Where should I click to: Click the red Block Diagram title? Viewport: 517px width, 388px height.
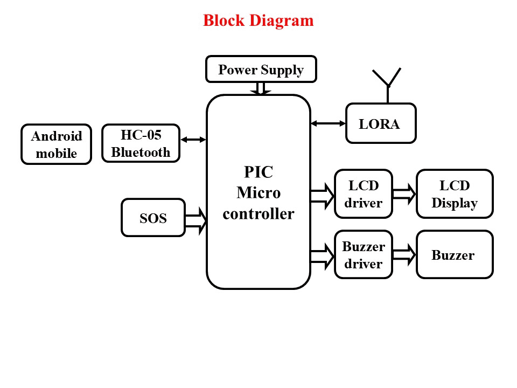(x=258, y=21)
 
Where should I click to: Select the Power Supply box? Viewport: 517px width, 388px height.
(x=261, y=70)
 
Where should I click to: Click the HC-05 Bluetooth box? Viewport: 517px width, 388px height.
(x=141, y=143)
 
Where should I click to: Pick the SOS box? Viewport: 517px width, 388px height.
(x=153, y=218)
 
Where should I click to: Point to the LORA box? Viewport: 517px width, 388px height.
(x=380, y=123)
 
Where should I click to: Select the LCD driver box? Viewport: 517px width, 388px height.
(x=363, y=194)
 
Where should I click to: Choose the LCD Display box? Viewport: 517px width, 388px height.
(x=455, y=194)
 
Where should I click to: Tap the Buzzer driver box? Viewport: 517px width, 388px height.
(x=363, y=255)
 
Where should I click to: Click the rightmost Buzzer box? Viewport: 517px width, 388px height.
(x=455, y=255)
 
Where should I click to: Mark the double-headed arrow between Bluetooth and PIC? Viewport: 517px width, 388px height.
(x=193, y=140)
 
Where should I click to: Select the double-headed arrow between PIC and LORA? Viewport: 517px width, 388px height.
(x=328, y=123)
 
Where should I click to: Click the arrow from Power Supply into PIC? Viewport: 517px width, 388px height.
(x=261, y=89)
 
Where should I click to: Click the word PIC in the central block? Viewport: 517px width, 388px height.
(x=258, y=172)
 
